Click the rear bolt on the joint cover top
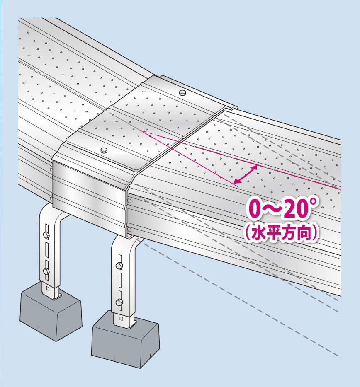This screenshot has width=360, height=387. point(182,92)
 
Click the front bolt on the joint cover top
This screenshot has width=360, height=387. point(104,150)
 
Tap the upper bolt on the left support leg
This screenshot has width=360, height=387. point(46,235)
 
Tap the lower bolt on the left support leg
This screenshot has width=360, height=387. point(46,271)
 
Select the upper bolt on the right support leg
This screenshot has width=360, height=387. point(119,266)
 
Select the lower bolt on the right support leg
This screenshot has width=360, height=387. point(119,302)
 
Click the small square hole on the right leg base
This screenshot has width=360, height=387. point(121,319)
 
